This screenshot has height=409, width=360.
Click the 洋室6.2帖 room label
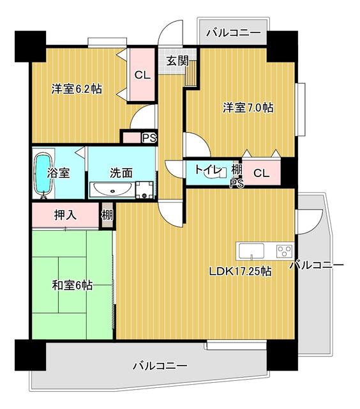(77, 89)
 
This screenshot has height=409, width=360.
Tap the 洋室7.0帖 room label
(248, 107)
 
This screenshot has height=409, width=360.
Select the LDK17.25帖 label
(241, 270)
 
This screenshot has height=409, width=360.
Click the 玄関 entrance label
(177, 61)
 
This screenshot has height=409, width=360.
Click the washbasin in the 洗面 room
(112, 189)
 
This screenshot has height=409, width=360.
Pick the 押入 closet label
(65, 215)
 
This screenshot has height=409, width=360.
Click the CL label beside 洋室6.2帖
(142, 74)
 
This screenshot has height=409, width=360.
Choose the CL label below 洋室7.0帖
(260, 173)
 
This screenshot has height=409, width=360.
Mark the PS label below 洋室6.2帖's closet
(149, 137)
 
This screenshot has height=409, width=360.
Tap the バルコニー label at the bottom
(160, 366)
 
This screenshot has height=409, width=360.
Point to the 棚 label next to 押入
(107, 215)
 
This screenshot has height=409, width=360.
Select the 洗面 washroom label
(121, 172)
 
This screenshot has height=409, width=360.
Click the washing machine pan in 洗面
(146, 189)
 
